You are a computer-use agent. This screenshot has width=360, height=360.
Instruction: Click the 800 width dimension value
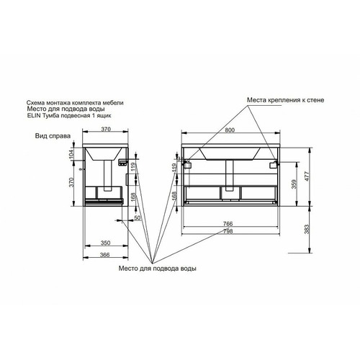[x=230, y=130]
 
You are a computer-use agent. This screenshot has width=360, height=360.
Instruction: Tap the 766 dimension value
[x=228, y=224]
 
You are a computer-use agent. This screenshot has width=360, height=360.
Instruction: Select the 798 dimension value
[x=228, y=231]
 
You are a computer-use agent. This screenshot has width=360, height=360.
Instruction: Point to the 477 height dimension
[x=307, y=176]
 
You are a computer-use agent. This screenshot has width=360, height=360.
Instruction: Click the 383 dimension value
[x=307, y=229]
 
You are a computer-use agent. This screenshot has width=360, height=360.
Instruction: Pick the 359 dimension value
[x=294, y=184]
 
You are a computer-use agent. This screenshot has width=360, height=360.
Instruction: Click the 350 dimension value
[x=105, y=243]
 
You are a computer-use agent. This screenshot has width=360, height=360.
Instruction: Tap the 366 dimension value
[x=104, y=255]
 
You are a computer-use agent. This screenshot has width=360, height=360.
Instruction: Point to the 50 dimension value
[x=138, y=218]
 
